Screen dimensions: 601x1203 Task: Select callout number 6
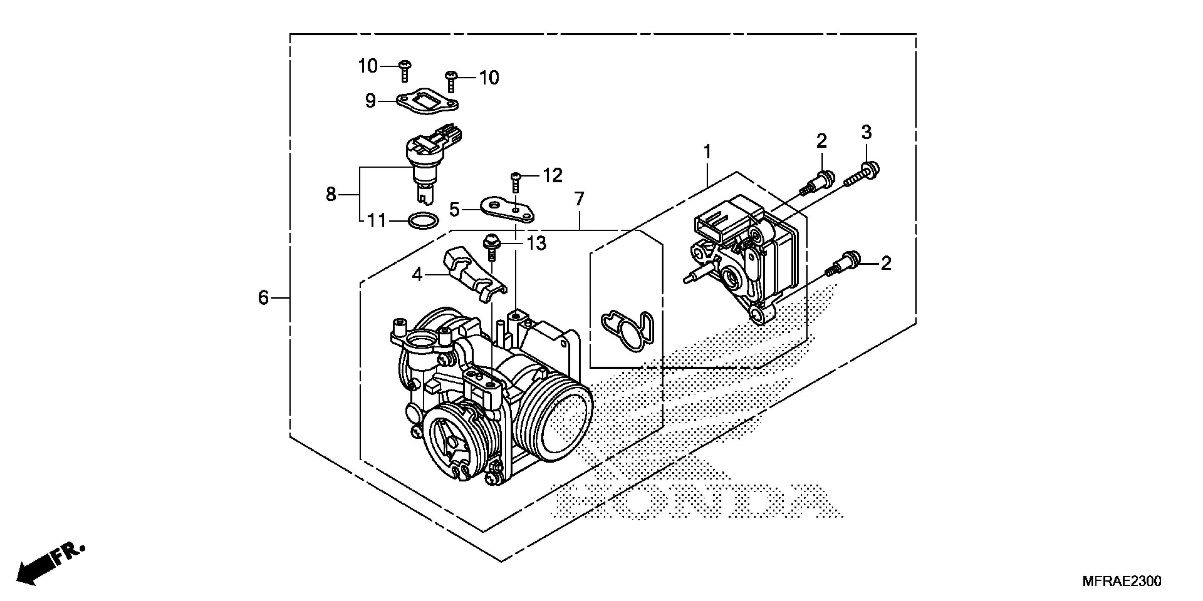click(263, 297)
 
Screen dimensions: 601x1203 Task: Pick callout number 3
click(866, 133)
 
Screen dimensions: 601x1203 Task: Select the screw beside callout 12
click(516, 182)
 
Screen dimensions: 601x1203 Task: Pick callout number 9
click(370, 101)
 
